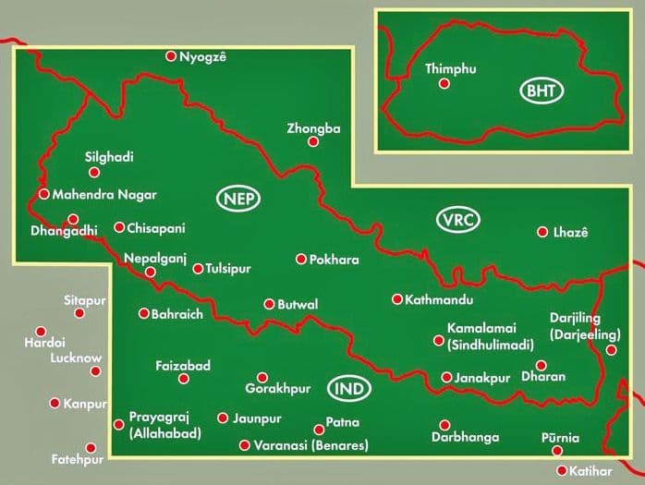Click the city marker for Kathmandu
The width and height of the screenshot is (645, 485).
(x=397, y=299)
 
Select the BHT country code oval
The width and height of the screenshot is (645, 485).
(x=542, y=91)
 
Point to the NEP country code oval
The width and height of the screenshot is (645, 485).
(x=239, y=199)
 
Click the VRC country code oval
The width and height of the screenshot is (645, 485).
(x=456, y=220)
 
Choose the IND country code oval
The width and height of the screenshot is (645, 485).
(x=349, y=389)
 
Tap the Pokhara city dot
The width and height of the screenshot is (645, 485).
(x=300, y=260)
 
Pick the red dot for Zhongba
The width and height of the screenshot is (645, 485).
(x=313, y=141)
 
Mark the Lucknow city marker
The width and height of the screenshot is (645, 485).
(x=95, y=371)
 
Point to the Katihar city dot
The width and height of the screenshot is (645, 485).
(x=562, y=470)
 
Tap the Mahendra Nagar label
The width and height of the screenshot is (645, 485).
(x=104, y=195)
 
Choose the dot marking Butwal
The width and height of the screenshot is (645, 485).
(x=269, y=304)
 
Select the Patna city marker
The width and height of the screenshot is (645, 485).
(x=320, y=430)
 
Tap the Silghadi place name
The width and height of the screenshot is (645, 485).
(x=109, y=157)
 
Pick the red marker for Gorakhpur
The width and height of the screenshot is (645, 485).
(x=262, y=377)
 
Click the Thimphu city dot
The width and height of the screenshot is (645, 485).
(x=444, y=84)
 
